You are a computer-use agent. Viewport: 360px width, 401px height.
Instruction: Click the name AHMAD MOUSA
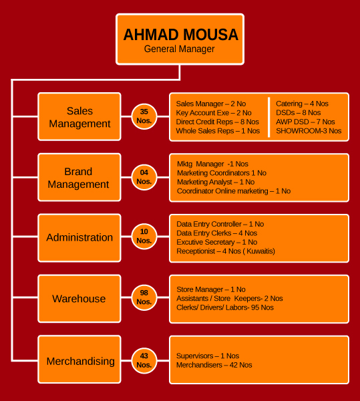pos(180,35)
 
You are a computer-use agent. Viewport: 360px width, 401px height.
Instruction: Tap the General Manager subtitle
pos(180,49)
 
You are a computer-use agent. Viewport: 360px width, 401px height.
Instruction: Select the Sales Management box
pos(79,116)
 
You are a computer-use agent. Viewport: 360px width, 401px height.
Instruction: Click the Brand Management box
pos(79,177)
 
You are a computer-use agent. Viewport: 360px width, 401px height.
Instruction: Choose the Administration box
pos(79,238)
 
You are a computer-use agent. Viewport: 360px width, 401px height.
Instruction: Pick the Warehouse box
pos(79,299)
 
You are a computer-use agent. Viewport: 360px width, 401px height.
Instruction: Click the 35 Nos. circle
pos(144,116)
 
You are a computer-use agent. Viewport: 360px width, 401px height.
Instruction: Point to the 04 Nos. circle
pos(144,177)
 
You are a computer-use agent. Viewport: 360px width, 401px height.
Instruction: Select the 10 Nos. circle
pos(144,237)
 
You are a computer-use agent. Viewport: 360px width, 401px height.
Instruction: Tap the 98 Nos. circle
pos(144,297)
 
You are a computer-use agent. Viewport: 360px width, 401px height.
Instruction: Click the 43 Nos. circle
pos(144,361)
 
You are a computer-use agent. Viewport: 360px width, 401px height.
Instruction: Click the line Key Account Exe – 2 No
pos(214,113)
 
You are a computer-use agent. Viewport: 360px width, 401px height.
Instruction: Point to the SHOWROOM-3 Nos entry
pos(309,131)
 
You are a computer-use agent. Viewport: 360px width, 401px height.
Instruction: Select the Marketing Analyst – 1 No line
pos(216,182)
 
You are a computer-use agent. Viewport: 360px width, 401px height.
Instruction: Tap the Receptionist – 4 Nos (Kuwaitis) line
pos(226,251)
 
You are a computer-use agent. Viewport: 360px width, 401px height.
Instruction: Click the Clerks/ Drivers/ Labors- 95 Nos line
pos(225,307)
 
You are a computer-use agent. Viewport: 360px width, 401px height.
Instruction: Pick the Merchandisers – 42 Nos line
pos(214,365)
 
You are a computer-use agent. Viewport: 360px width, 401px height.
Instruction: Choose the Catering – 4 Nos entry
pos(302,104)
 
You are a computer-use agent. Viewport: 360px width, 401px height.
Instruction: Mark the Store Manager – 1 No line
pos(211,289)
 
